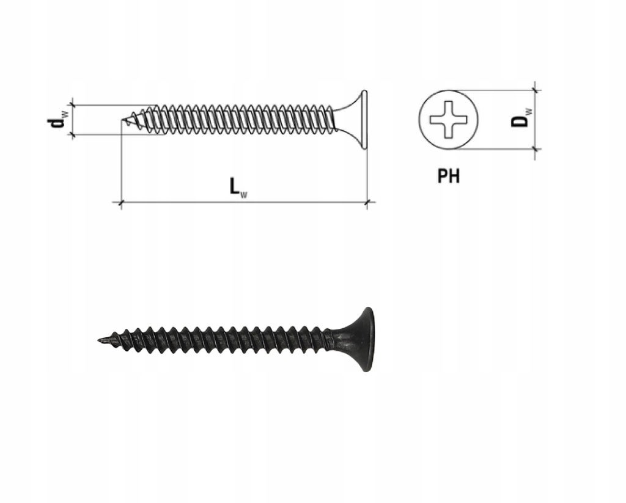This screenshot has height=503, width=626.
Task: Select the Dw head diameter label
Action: click(x=521, y=117)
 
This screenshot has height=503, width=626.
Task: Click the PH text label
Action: click(x=448, y=176)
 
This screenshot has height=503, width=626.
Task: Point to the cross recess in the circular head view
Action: click(x=448, y=119)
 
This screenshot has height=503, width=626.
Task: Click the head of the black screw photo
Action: click(x=363, y=339)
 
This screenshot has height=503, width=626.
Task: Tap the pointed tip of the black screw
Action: click(x=99, y=340)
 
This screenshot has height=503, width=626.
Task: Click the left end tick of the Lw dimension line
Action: click(x=120, y=203)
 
